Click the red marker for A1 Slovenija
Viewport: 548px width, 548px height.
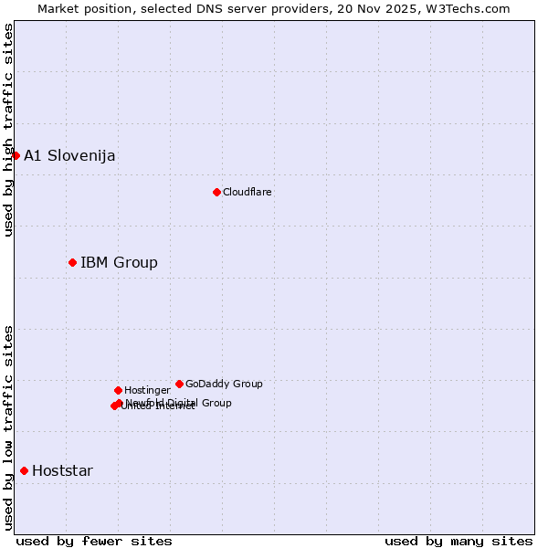(x=16, y=155)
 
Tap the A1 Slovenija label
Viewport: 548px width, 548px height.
(x=69, y=155)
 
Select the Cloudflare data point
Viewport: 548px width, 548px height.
(x=216, y=192)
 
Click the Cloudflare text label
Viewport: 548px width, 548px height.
(x=248, y=192)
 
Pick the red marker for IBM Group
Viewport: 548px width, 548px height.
(x=72, y=262)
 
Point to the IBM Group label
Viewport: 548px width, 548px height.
(x=119, y=263)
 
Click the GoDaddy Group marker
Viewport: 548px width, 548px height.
(x=179, y=384)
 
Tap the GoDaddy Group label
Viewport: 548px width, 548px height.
(x=224, y=384)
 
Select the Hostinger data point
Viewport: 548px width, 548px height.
(x=118, y=390)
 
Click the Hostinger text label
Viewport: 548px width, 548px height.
(x=147, y=390)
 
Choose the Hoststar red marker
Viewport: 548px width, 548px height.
(x=24, y=470)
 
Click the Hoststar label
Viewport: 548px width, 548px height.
(x=62, y=471)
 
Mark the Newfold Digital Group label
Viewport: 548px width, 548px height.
(x=179, y=402)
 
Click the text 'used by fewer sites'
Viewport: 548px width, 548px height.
(x=94, y=541)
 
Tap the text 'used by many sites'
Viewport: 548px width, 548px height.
(x=458, y=541)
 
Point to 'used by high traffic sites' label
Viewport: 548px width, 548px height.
(x=8, y=130)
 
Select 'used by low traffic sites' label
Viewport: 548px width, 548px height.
(x=8, y=427)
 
